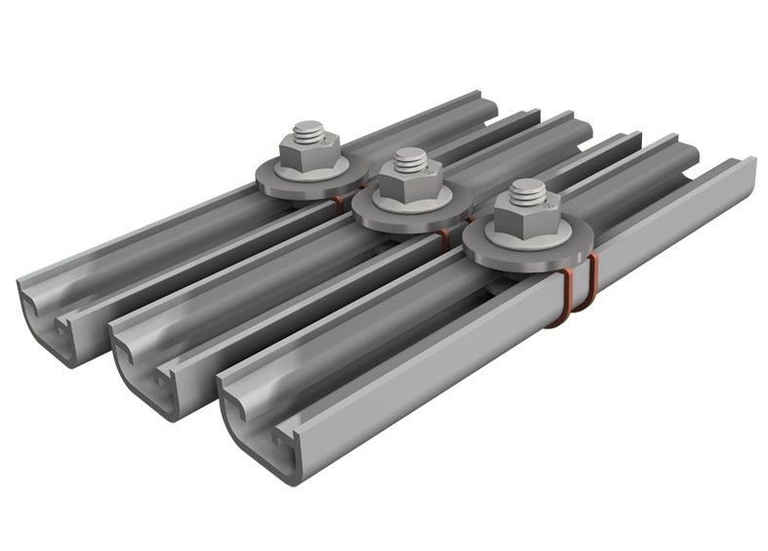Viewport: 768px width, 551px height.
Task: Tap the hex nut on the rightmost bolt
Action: tap(526, 218)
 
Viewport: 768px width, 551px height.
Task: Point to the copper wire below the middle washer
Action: tap(444, 240)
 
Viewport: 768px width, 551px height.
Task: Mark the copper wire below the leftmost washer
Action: tap(338, 204)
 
